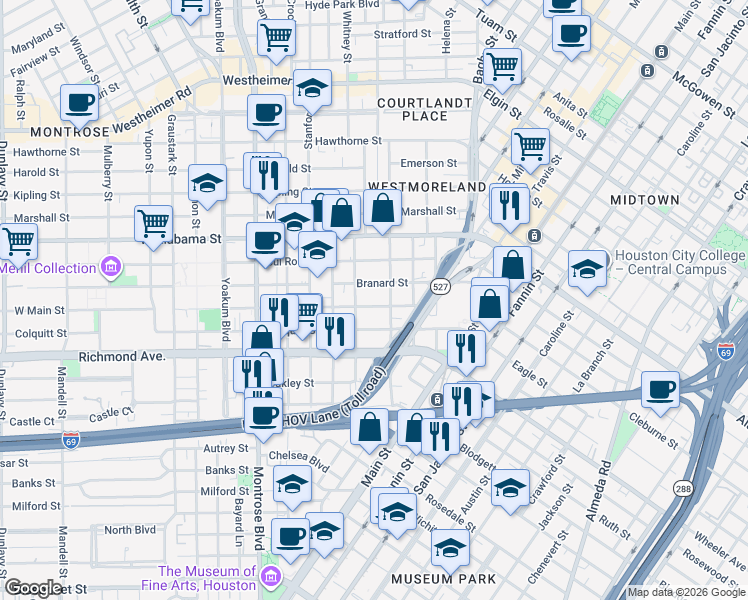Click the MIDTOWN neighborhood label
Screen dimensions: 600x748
pyautogui.click(x=644, y=200)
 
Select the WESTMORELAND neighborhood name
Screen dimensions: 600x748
pyautogui.click(x=427, y=187)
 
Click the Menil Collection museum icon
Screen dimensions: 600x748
pyautogui.click(x=110, y=267)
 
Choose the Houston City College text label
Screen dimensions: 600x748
pyautogui.click(x=680, y=262)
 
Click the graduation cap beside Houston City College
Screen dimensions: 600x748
pyautogui.click(x=587, y=268)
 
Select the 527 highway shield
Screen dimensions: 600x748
pyautogui.click(x=441, y=287)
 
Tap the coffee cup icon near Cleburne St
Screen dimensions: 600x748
pyautogui.click(x=660, y=389)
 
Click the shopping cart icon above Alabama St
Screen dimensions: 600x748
pyautogui.click(x=153, y=222)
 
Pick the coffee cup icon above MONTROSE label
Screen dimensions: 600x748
pyautogui.click(x=79, y=101)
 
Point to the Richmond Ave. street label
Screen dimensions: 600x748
pyautogui.click(x=121, y=354)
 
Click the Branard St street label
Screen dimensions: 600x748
pyautogui.click(x=382, y=283)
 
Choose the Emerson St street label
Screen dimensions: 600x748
pyautogui.click(x=428, y=163)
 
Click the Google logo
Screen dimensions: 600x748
pyautogui.click(x=33, y=588)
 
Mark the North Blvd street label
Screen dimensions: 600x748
pyautogui.click(x=130, y=530)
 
